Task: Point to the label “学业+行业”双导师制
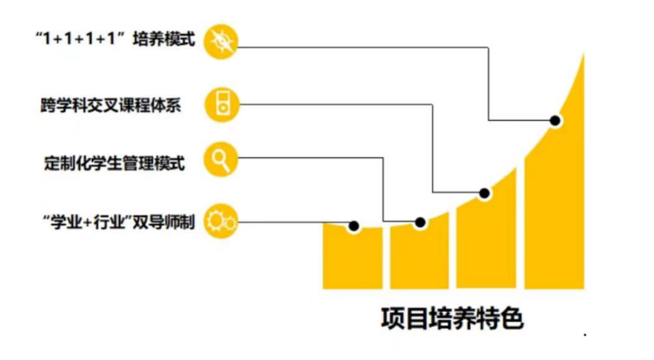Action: click(x=118, y=220)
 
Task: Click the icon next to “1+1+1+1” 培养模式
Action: click(x=223, y=41)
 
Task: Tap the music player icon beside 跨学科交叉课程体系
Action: click(x=223, y=105)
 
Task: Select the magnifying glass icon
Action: click(x=223, y=160)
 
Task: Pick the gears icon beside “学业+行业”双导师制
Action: click(x=223, y=219)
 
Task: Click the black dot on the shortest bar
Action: click(x=353, y=226)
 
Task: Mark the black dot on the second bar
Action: click(x=421, y=222)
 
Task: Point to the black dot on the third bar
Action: click(x=485, y=193)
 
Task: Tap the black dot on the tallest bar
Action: click(x=555, y=121)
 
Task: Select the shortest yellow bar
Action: click(x=353, y=258)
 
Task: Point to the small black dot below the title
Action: click(x=585, y=334)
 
